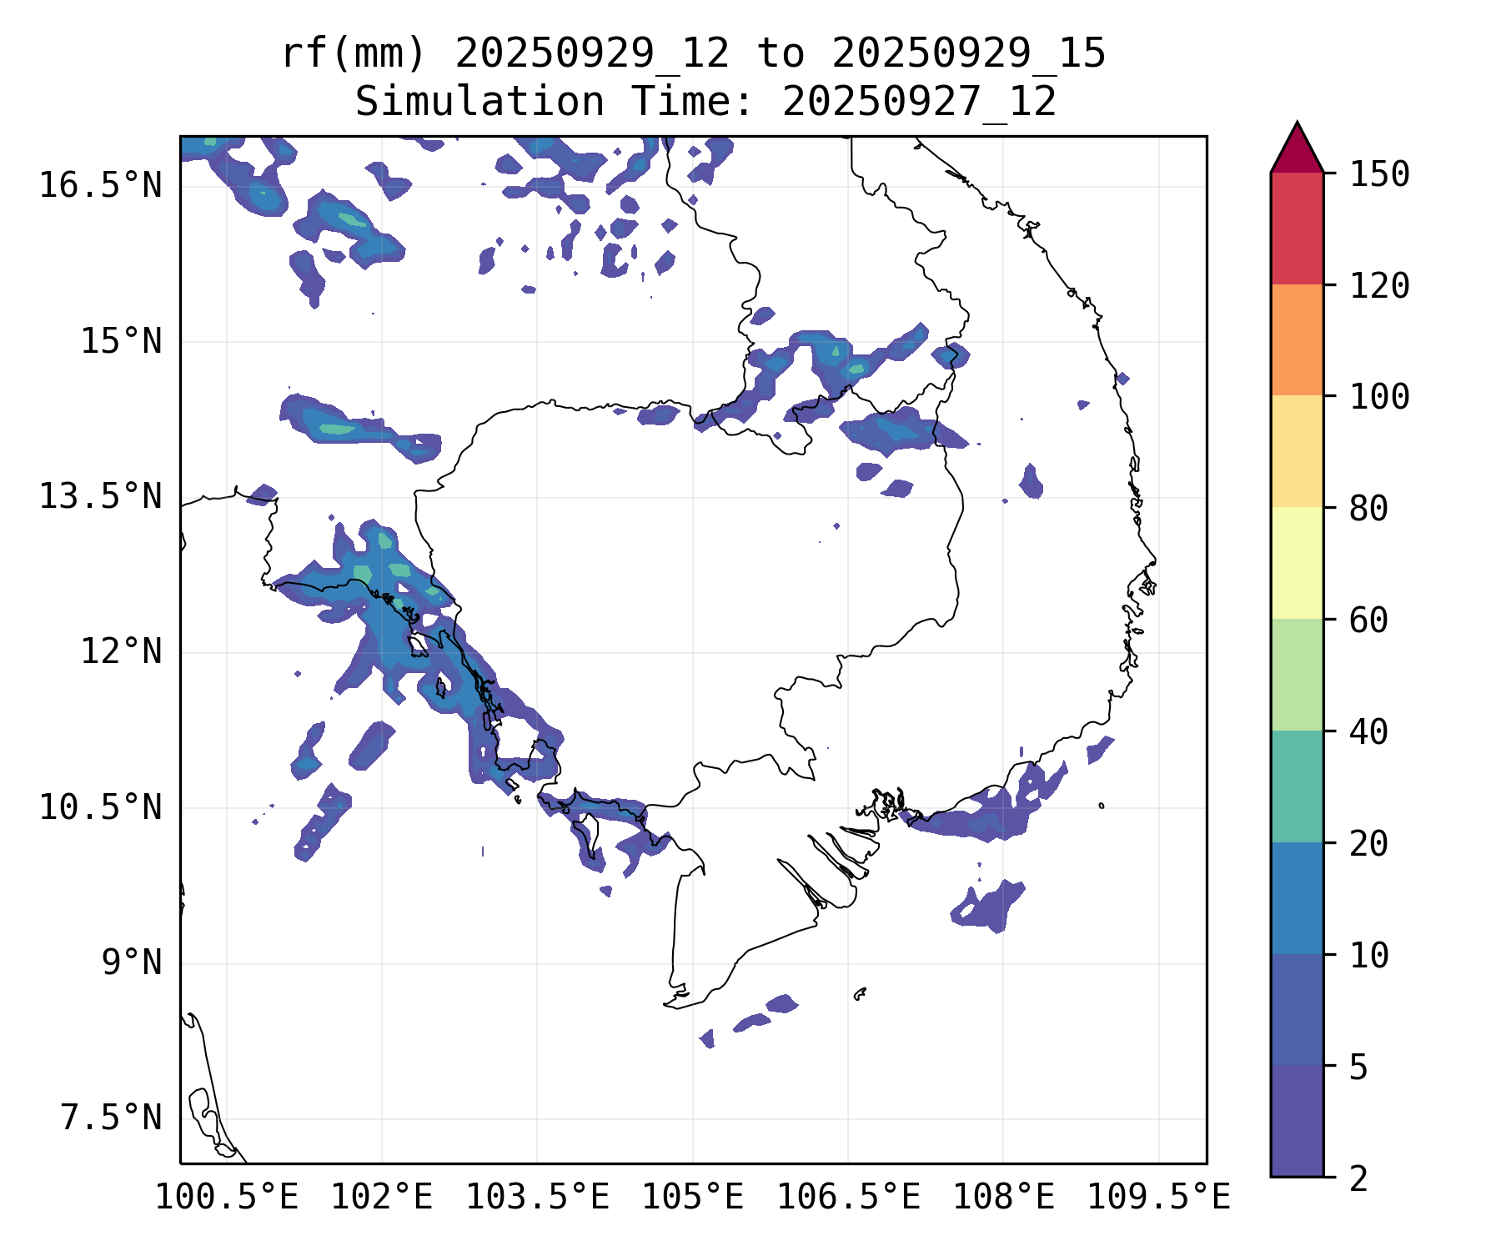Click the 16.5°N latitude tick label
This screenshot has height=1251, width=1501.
click(x=100, y=185)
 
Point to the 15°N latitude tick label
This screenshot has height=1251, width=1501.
click(x=121, y=342)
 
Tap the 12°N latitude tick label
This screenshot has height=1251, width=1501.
click(x=121, y=651)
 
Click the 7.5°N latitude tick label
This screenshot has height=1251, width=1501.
click(x=111, y=1118)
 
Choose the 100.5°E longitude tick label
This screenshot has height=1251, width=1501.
click(x=227, y=1198)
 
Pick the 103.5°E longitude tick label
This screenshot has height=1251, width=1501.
click(x=537, y=1198)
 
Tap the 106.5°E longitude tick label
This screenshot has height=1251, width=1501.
click(x=848, y=1198)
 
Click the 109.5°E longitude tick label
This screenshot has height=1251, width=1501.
click(x=1158, y=1198)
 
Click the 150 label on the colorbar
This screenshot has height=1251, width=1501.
click(x=1379, y=174)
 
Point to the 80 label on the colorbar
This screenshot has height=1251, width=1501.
click(x=1368, y=508)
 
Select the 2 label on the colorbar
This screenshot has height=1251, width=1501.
click(x=1358, y=1179)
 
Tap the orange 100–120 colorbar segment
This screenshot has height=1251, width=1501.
click(x=1297, y=339)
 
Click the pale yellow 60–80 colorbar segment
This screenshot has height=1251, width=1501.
click(x=1297, y=562)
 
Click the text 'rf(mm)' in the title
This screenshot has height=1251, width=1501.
click(x=354, y=54)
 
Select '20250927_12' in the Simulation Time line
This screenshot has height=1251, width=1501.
click(x=919, y=103)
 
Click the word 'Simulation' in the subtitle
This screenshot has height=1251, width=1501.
click(x=479, y=103)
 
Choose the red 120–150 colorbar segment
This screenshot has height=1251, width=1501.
click(x=1297, y=228)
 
